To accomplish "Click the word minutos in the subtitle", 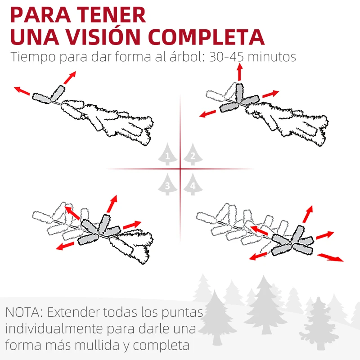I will click(x=274, y=58).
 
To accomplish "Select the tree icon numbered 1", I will click(x=167, y=156).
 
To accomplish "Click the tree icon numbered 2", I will click(x=193, y=156).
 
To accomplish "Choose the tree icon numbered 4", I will click(x=193, y=184).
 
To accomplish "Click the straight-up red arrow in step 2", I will click(x=239, y=71).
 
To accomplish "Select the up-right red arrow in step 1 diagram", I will click(x=69, y=77).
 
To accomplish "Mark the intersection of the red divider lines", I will click(x=180, y=169).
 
